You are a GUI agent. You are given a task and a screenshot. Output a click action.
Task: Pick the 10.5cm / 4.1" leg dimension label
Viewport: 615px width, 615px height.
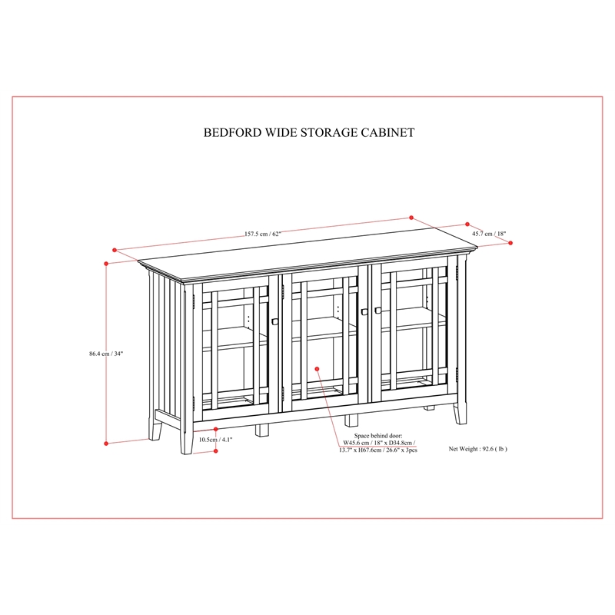(x=215, y=440)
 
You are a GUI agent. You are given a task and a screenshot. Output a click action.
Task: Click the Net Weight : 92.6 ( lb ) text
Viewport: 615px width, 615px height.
(x=477, y=447)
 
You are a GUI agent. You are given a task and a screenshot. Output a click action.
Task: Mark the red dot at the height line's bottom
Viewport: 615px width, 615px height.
(x=106, y=444)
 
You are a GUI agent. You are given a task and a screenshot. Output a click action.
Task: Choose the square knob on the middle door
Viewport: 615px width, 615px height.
(x=363, y=311)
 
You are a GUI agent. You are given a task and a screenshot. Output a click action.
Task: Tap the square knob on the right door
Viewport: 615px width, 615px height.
(x=377, y=310)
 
